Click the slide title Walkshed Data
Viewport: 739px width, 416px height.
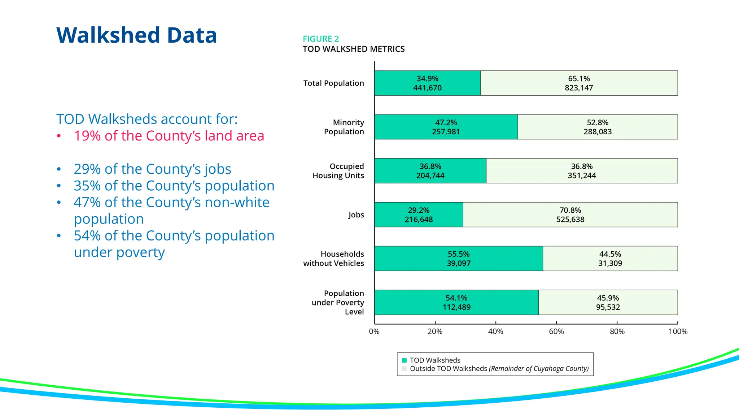tap(136, 35)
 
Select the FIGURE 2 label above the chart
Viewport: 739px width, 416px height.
tap(321, 39)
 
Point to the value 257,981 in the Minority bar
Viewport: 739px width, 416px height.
tap(446, 132)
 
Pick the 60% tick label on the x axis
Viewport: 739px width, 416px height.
tap(556, 331)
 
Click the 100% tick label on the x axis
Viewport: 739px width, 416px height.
tap(678, 331)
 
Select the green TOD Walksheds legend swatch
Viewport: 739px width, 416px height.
tap(404, 360)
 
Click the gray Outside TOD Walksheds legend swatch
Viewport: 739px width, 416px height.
tap(404, 369)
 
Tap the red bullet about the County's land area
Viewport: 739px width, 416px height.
tap(169, 136)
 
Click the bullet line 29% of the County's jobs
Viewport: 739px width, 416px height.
tap(152, 169)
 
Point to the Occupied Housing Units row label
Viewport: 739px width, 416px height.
tap(338, 171)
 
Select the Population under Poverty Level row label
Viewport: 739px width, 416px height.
tap(338, 303)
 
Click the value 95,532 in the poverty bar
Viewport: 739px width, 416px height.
tap(608, 307)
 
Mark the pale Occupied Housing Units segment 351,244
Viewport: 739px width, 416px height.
tap(582, 175)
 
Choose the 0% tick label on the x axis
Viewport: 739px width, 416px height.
tap(374, 331)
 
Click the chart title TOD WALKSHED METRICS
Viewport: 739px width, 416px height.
tap(354, 49)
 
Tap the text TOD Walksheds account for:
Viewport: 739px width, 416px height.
tap(147, 119)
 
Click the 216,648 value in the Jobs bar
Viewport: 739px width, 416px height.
tap(419, 220)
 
